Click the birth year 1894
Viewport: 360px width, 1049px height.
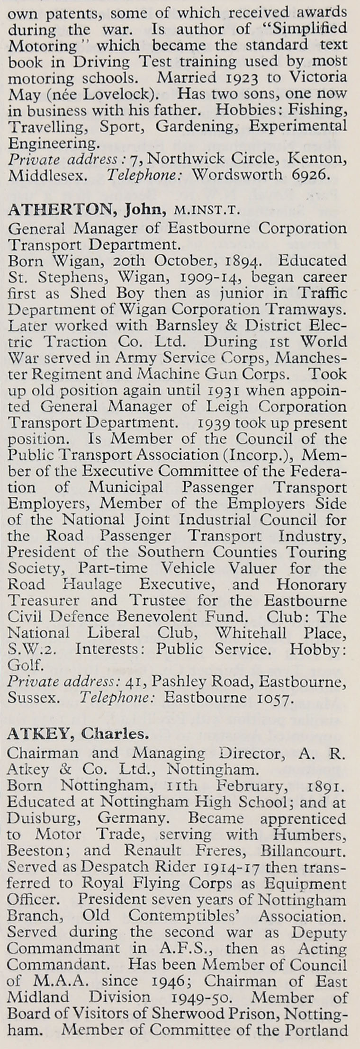click(240, 261)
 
